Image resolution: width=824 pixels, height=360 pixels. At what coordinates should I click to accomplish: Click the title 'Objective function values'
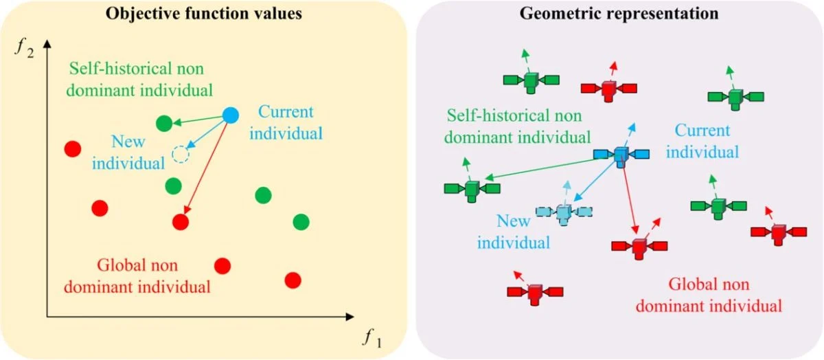(x=204, y=14)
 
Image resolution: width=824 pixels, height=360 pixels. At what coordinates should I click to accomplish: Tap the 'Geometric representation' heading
(x=619, y=14)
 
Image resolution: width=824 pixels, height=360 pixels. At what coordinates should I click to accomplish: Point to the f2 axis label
(x=25, y=49)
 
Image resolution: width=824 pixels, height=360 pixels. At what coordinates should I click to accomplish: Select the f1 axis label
(x=372, y=338)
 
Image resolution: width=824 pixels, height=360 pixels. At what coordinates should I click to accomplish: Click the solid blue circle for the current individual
(x=231, y=115)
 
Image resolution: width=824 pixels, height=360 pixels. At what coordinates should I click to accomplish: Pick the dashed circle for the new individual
(x=181, y=155)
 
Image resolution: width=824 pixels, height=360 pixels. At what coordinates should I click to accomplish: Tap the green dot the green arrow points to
(x=164, y=123)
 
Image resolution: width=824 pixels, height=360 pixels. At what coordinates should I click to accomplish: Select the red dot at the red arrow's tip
(x=181, y=223)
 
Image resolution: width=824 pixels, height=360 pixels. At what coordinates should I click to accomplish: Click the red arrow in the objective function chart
(x=206, y=168)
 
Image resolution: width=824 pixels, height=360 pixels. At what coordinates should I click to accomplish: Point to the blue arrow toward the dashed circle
(x=207, y=135)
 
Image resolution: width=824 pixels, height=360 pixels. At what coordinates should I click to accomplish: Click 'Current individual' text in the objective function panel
(x=286, y=122)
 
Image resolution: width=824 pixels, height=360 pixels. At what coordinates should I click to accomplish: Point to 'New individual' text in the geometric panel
(x=514, y=232)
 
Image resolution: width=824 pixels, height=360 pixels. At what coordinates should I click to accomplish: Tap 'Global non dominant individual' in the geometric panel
(x=709, y=295)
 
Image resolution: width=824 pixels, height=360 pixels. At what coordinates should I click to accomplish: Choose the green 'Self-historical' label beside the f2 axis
(x=139, y=80)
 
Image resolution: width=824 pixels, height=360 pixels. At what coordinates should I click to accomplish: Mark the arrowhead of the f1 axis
(x=350, y=317)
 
